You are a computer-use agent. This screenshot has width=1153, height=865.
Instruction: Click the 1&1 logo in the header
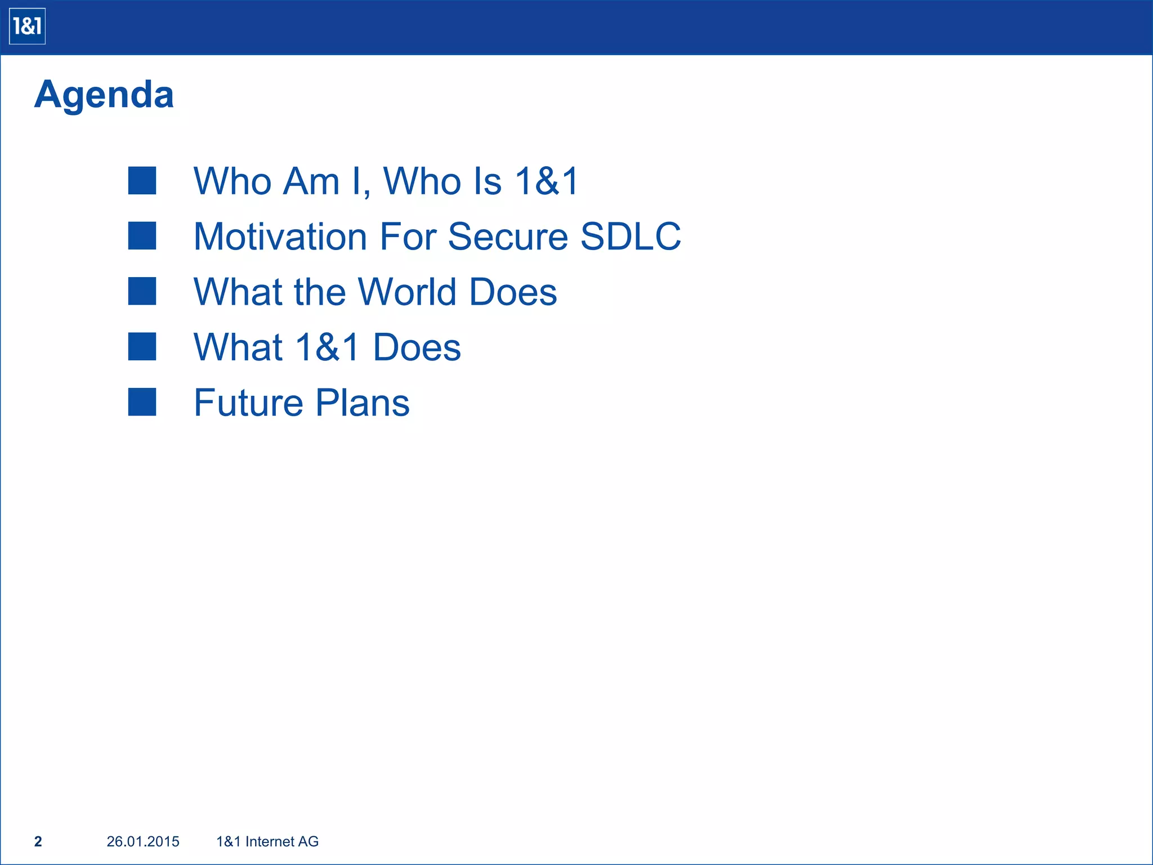(27, 26)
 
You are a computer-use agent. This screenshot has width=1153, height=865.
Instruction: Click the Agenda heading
(104, 95)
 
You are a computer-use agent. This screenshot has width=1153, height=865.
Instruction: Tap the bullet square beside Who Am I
(142, 181)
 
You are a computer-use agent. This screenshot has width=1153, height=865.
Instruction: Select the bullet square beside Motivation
(142, 236)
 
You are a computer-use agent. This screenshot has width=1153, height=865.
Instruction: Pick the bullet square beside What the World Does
(142, 291)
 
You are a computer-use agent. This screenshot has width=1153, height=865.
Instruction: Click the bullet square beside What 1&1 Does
(142, 346)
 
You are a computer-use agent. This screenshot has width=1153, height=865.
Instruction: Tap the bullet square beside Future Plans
(142, 402)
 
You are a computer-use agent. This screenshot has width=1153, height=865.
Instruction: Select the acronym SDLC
(631, 236)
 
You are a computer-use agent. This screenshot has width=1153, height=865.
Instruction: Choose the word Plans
(362, 403)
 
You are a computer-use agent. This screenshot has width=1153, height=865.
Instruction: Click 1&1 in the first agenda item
(547, 181)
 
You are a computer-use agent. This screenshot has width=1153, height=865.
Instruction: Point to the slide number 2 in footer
(38, 841)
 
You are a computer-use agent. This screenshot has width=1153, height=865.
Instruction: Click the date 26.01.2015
(143, 841)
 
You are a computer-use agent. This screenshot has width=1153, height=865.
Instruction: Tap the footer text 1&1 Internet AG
(267, 841)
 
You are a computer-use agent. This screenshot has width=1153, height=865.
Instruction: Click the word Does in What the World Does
(513, 292)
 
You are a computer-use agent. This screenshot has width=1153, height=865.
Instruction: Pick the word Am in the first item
(311, 181)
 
